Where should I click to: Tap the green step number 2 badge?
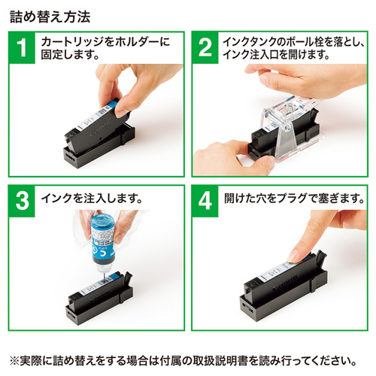[205, 47]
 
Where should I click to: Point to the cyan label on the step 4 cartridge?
[290, 268]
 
